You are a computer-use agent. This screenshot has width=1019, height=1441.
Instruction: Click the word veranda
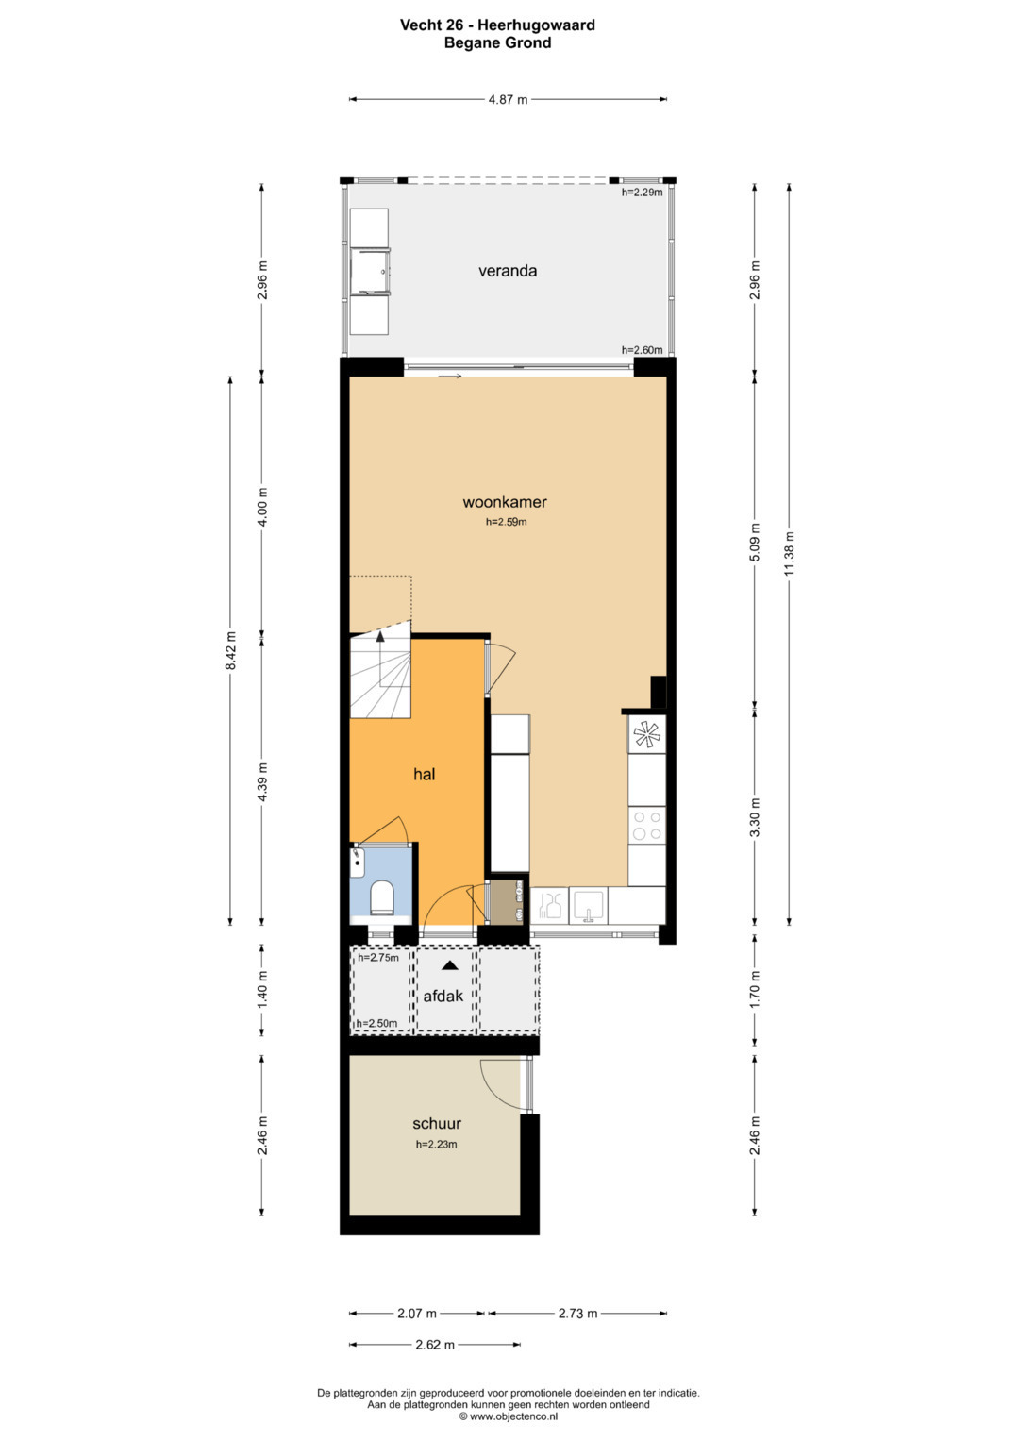pos(508,271)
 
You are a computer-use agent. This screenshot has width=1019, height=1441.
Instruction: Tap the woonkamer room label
pos(505,502)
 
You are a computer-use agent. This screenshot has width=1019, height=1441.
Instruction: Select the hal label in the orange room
pos(424,775)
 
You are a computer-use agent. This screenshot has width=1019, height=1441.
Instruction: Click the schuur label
pos(437,1124)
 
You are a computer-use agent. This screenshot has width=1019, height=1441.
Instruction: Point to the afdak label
pos(443,996)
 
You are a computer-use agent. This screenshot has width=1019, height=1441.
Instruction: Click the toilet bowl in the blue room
pos(382,897)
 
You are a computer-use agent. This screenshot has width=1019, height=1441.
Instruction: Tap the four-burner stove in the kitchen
pos(647,826)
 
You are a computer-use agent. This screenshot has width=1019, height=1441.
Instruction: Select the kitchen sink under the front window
pos(588,905)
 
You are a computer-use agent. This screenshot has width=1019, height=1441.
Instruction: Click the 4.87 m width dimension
pos(509,100)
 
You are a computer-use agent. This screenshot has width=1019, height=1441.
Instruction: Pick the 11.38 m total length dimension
pos(790,554)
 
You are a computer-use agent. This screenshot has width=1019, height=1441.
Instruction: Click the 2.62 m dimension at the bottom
pos(435,1345)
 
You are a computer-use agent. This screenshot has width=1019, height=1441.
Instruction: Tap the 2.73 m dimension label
pos(577,1314)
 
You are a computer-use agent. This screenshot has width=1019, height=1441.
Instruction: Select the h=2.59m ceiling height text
pos(507,522)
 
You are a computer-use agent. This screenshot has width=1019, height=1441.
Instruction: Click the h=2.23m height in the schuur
pos(437,1145)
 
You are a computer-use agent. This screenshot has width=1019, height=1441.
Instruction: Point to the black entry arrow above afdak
pos(449,965)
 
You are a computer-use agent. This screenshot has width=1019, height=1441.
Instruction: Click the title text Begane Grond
pos(498,43)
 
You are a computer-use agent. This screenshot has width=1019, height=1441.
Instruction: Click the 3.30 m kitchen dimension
pos(755,817)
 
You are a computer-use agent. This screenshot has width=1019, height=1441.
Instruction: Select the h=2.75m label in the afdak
pos(378,957)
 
